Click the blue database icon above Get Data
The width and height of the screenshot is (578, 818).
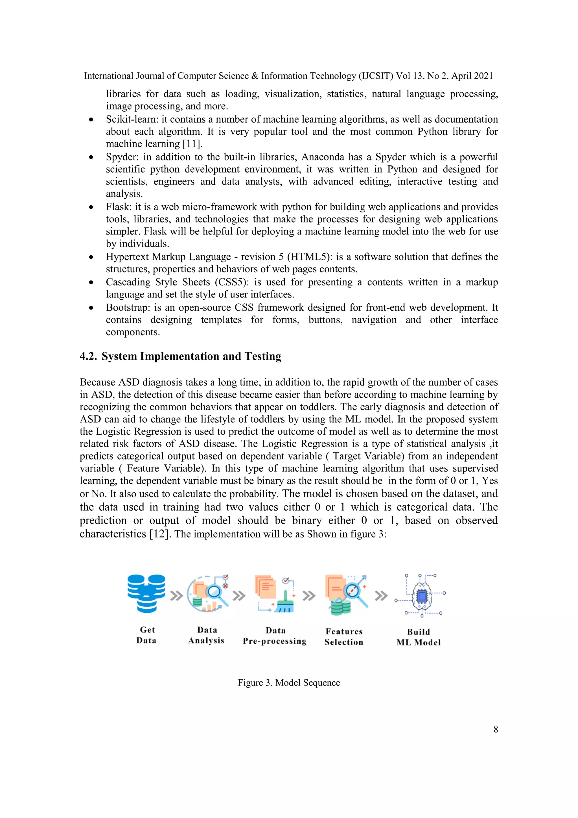point(146,593)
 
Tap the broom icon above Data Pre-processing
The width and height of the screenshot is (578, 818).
point(285,602)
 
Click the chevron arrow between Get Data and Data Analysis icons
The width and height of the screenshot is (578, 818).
point(176,596)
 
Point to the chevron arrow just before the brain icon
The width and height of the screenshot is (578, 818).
point(381,596)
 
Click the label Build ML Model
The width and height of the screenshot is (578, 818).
point(419,637)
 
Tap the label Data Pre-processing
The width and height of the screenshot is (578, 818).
point(275,636)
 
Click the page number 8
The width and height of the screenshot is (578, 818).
point(495,729)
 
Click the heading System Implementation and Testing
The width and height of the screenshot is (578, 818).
point(191,356)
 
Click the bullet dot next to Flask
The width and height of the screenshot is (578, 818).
point(91,207)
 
